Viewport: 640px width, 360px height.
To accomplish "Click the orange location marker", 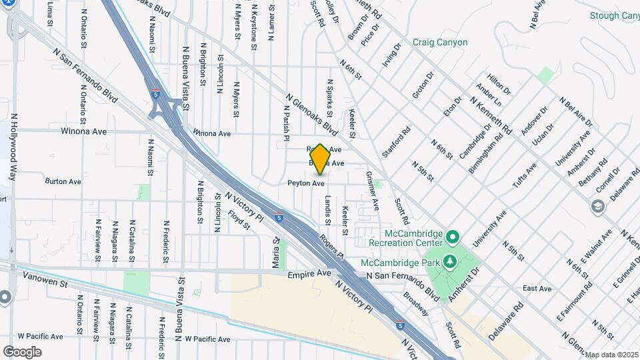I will [x=320, y=159].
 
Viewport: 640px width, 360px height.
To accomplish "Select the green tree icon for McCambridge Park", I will [x=451, y=261].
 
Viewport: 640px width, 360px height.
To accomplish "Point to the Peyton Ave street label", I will [x=306, y=183].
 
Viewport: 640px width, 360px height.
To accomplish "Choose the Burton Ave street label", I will [x=63, y=181].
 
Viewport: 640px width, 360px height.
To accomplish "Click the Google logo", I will [x=22, y=351].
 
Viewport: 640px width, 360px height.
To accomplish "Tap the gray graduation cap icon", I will [x=596, y=207].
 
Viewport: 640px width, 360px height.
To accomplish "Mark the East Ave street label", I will [x=537, y=289].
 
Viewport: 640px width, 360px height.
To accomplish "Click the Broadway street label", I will [x=416, y=303].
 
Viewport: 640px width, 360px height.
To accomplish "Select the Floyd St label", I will [x=239, y=220].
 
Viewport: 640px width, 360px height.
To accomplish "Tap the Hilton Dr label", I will [x=498, y=84].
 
